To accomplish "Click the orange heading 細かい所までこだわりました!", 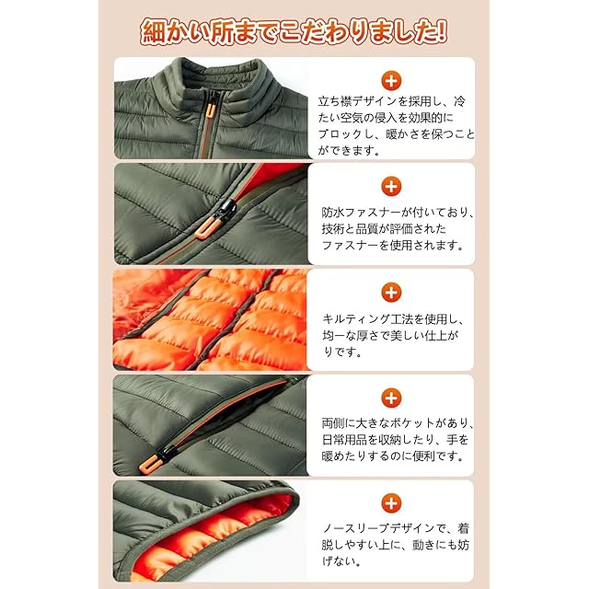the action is [x=294, y=33].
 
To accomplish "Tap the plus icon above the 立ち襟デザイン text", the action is [x=391, y=81].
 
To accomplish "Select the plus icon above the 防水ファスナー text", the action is [x=391, y=186].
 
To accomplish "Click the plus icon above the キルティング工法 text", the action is [x=391, y=293].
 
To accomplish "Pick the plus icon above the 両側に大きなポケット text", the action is [x=391, y=398].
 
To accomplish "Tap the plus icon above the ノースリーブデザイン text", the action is [x=391, y=503].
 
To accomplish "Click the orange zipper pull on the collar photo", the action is [x=211, y=110].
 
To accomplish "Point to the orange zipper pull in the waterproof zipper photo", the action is [x=204, y=229].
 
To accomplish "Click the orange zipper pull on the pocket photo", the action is [x=148, y=465].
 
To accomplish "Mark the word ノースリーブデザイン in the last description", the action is [x=373, y=529].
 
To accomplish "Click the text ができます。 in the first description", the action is [x=350, y=151].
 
